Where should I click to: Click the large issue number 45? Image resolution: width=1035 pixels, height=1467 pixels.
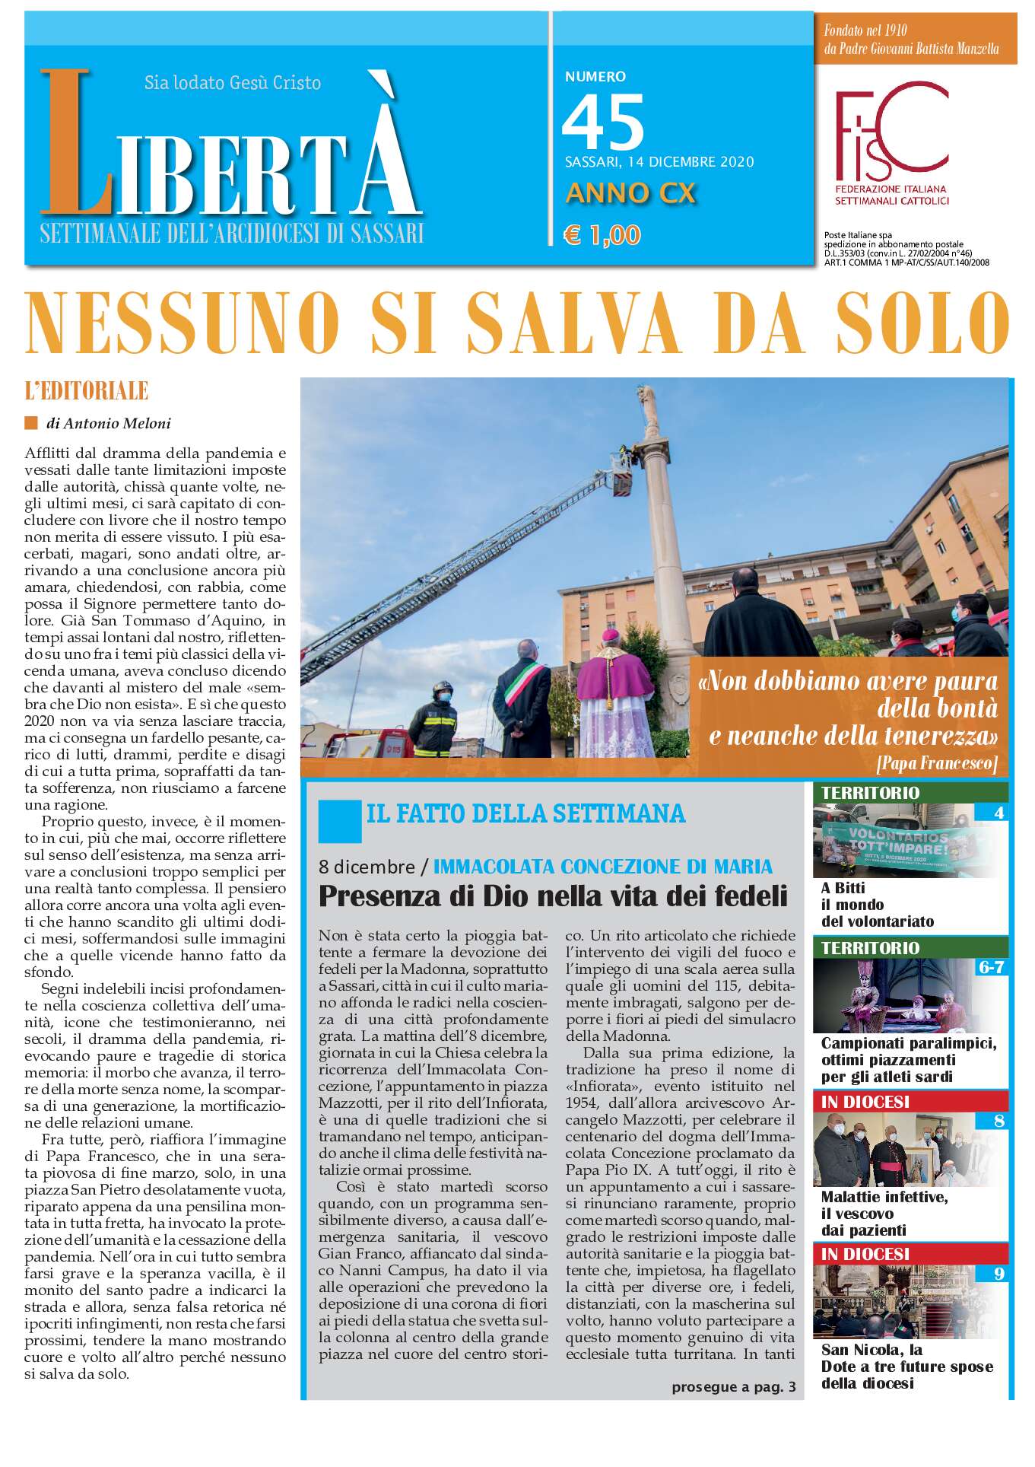(x=602, y=122)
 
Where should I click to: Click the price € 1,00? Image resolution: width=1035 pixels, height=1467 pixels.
(x=602, y=235)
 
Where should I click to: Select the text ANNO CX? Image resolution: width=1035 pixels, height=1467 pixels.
(x=630, y=193)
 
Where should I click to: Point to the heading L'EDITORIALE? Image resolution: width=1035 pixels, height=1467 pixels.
(x=86, y=391)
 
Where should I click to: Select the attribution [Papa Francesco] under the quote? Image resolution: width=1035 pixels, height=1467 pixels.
(x=936, y=762)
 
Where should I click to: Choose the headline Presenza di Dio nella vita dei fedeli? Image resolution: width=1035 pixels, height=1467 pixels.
(x=553, y=896)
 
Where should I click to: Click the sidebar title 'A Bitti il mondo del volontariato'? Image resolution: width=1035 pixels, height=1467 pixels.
(x=877, y=905)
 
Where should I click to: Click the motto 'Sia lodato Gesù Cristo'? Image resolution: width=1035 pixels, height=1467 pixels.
(x=233, y=82)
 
